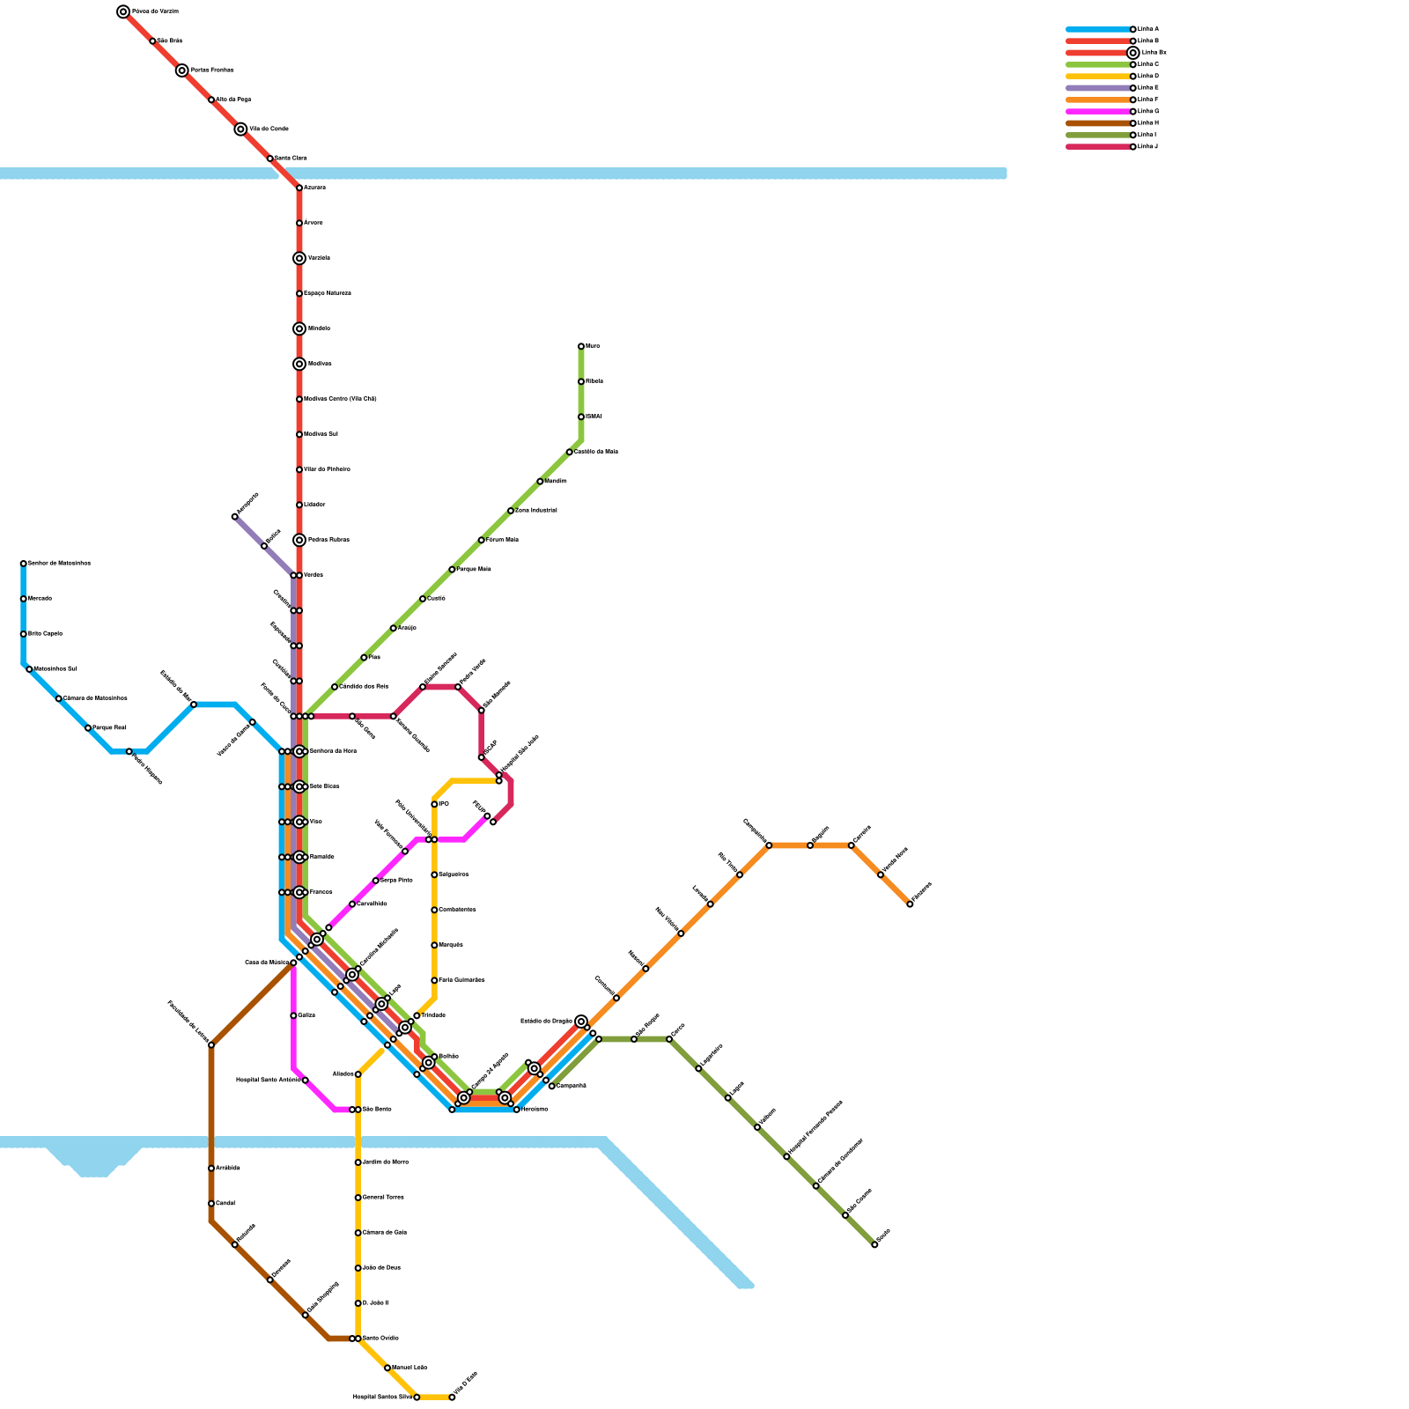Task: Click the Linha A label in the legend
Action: [1147, 29]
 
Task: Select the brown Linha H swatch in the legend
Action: [1098, 123]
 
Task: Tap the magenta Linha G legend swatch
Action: [1098, 112]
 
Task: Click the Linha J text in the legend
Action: [1147, 146]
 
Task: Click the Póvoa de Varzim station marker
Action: [123, 11]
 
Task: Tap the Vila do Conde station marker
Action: [240, 129]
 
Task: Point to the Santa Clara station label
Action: [291, 159]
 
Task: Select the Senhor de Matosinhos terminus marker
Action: [24, 564]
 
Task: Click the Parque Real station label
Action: [110, 728]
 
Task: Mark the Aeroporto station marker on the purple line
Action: [235, 517]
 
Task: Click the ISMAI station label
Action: [594, 417]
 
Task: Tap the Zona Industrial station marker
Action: [511, 511]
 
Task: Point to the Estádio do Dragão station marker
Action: [581, 1022]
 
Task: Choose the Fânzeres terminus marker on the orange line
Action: [910, 904]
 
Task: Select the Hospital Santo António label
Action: [269, 1081]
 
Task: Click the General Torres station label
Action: [384, 1198]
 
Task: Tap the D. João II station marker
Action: [358, 1303]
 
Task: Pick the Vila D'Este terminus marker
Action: [452, 1398]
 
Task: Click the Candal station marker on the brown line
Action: [211, 1204]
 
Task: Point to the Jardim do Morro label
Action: [386, 1162]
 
